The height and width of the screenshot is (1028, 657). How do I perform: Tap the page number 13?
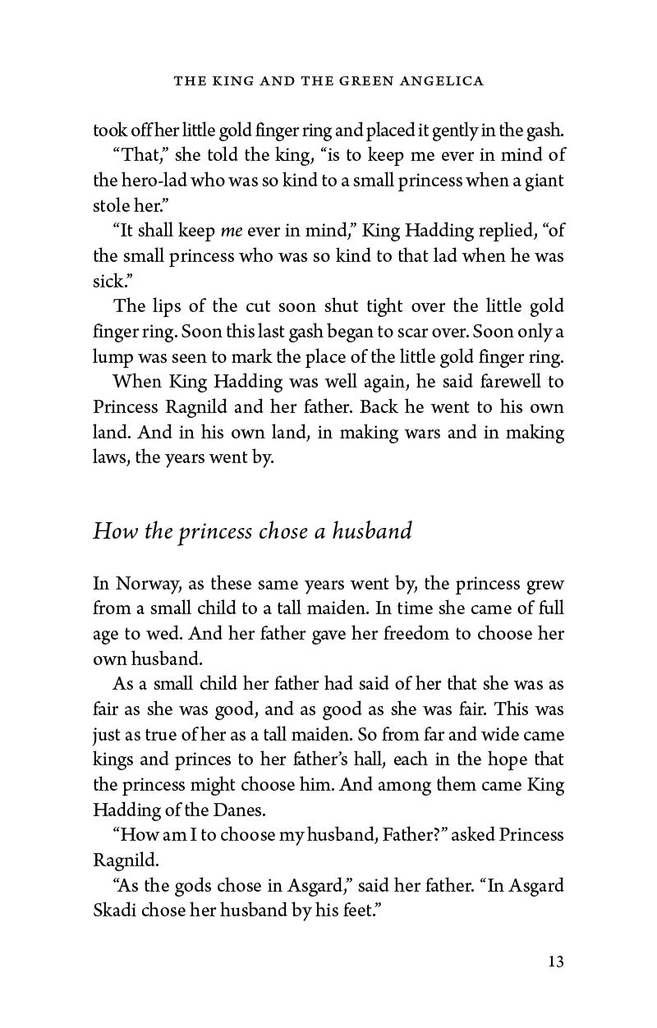(x=556, y=961)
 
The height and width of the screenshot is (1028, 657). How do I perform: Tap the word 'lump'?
(x=110, y=358)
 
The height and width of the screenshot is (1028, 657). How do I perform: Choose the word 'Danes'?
(x=243, y=809)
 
